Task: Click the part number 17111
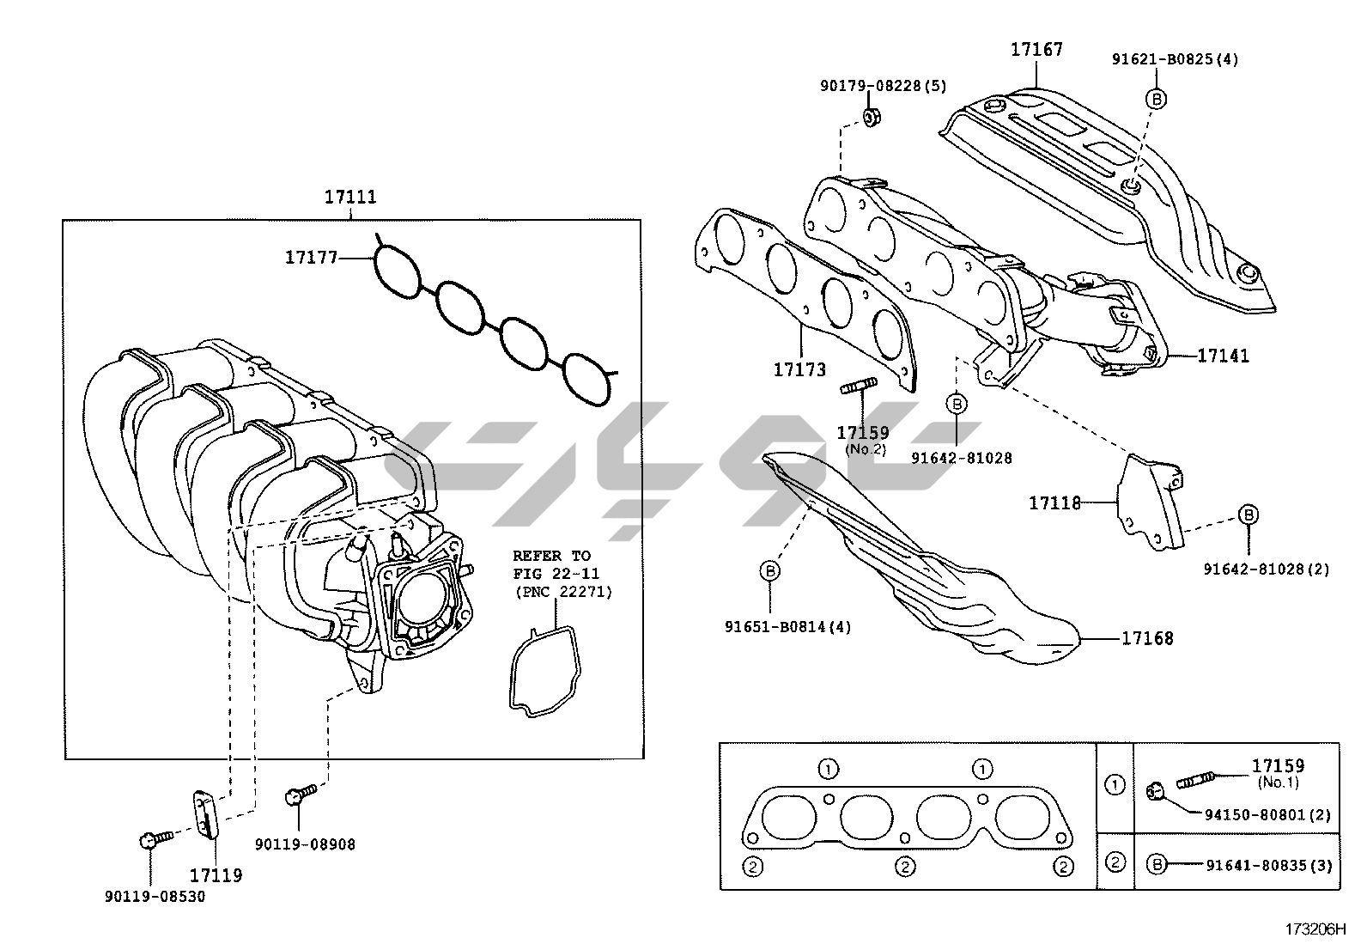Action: (349, 197)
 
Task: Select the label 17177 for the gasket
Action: (312, 256)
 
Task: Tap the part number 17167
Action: (1036, 50)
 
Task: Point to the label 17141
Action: (1223, 355)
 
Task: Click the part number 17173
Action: (799, 369)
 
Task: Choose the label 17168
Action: (1146, 638)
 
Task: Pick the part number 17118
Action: (1054, 503)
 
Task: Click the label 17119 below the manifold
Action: (216, 875)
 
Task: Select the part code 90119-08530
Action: (155, 897)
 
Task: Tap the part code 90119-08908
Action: (305, 844)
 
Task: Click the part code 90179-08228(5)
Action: (883, 86)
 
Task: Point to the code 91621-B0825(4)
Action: (1175, 59)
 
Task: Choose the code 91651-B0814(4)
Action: (787, 626)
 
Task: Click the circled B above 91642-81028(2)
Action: (1248, 515)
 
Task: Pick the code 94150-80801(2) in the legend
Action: (1272, 814)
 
